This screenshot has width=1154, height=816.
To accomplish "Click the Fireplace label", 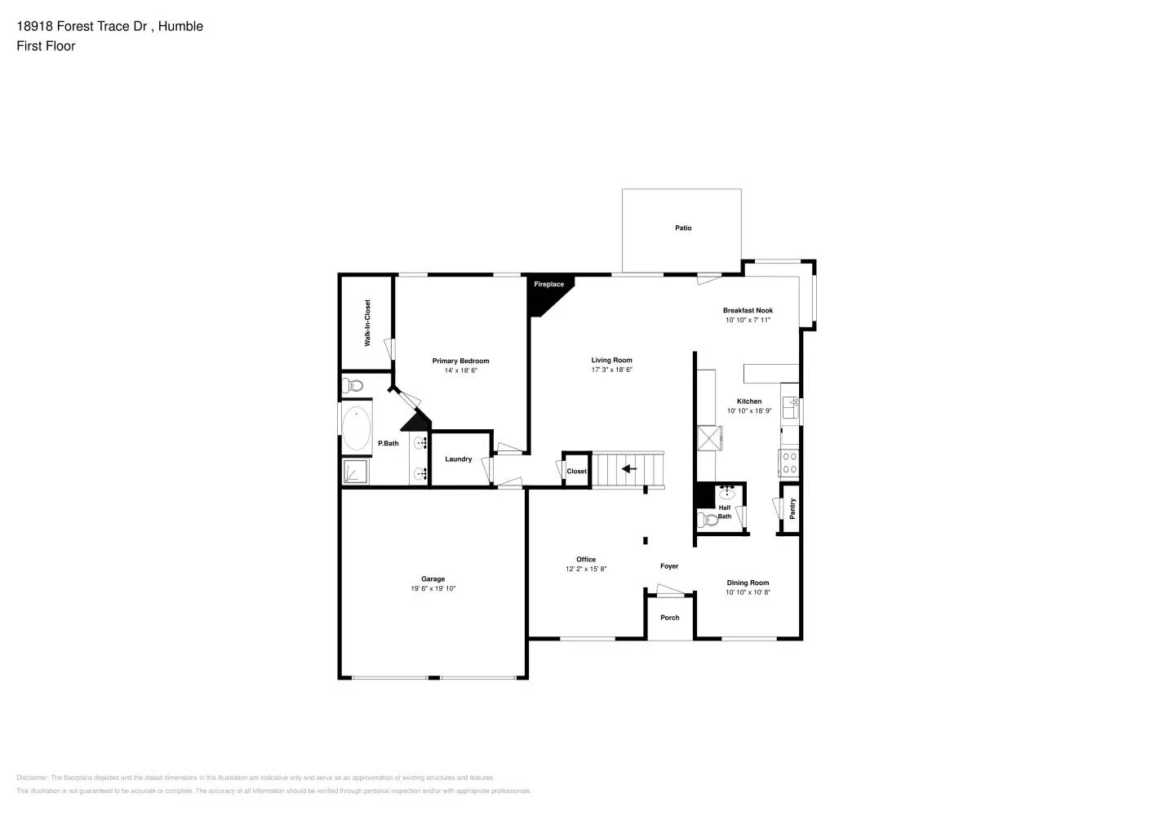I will [x=548, y=285].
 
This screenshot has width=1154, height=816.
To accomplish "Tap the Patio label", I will [x=683, y=228].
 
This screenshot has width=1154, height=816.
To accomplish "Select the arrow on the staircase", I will [x=629, y=469].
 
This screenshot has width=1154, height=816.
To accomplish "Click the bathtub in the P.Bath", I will [x=357, y=428].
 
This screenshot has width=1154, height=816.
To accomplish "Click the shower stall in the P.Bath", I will [x=356, y=472].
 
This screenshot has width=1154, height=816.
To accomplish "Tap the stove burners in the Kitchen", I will [x=789, y=463].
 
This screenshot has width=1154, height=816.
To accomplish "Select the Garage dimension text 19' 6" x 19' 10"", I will [x=433, y=589].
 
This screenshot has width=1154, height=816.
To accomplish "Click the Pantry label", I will [x=792, y=509].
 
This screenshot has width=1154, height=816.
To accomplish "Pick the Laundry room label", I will [x=459, y=459].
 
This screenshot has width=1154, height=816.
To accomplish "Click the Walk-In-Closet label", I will [x=367, y=322].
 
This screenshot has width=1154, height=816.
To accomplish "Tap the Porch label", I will [x=670, y=618].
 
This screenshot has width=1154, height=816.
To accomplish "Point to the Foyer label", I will [x=669, y=566].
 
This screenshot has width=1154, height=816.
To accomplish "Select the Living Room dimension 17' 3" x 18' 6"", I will [x=611, y=370].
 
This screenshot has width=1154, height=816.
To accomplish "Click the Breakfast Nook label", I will [x=748, y=311].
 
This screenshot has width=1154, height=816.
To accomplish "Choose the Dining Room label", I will [x=748, y=583].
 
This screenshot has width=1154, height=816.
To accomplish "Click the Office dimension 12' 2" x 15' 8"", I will [x=586, y=570].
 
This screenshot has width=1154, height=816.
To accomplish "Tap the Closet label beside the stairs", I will [x=576, y=472].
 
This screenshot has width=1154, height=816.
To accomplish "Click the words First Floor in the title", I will [x=46, y=47].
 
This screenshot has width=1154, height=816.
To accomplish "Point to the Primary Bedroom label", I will [x=460, y=361].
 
